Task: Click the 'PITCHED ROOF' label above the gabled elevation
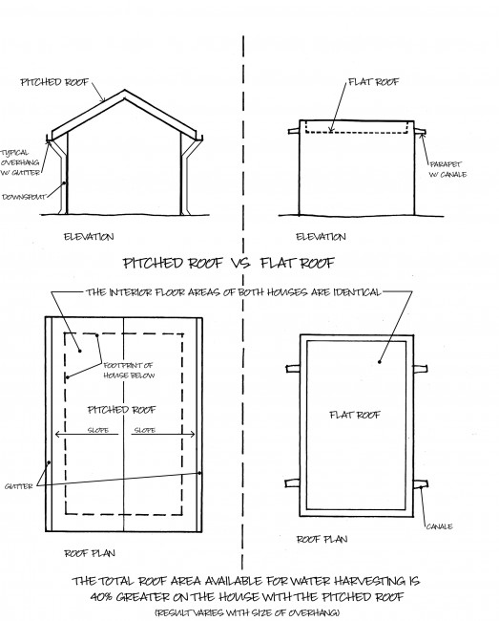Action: coord(55,82)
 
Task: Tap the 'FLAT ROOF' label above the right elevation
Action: coord(374,82)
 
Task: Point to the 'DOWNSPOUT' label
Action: coord(24,197)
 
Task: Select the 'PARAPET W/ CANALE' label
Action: coord(448,169)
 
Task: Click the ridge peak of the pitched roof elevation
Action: coord(125,91)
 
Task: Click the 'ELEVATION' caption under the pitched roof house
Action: coord(89,237)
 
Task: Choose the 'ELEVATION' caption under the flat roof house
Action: coord(322,237)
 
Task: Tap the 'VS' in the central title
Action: coord(240,263)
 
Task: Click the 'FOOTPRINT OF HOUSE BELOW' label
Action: coord(129,371)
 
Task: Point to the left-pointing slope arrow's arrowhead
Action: coord(58,435)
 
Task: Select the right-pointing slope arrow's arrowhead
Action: coord(192,435)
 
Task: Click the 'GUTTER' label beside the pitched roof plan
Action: coord(18,486)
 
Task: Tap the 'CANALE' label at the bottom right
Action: coord(439,526)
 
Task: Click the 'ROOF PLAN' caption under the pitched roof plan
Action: coord(90,553)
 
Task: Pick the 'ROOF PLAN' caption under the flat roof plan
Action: coord(322,540)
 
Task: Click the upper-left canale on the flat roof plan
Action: coord(293,369)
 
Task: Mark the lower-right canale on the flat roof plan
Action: coord(421,484)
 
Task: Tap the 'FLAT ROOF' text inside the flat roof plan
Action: coord(355,415)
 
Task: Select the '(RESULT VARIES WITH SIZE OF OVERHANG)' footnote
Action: coord(247,612)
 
